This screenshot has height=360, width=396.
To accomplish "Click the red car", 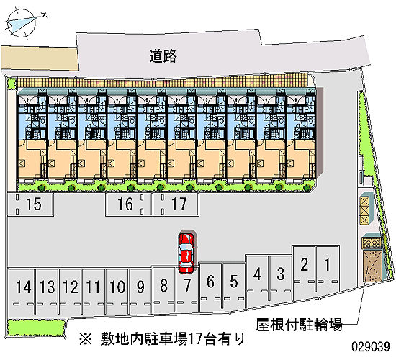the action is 186,253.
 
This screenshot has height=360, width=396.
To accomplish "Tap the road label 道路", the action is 163,56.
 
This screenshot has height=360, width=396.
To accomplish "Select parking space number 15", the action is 30,204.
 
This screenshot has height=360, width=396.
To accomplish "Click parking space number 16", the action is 129,204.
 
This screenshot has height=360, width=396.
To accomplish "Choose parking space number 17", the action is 176,204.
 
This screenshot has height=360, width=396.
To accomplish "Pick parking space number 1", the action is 328,269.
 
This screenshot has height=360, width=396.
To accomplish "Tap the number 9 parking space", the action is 140,292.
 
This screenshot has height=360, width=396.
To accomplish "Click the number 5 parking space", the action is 234,286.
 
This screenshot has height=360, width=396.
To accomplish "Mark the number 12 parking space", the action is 71,292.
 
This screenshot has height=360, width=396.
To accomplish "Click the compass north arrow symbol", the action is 22,23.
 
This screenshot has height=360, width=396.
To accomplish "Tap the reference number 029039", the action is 371,346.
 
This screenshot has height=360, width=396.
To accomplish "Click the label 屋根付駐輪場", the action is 299,325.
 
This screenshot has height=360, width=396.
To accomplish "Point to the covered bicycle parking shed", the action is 372,266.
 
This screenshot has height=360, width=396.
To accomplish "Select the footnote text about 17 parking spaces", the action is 162,338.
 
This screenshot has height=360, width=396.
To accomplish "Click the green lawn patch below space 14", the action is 36,328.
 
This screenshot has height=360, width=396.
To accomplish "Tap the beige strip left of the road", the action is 40,58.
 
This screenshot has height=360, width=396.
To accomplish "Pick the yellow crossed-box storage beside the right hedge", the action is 365,210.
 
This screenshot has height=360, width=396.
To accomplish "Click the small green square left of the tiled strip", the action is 12,84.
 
